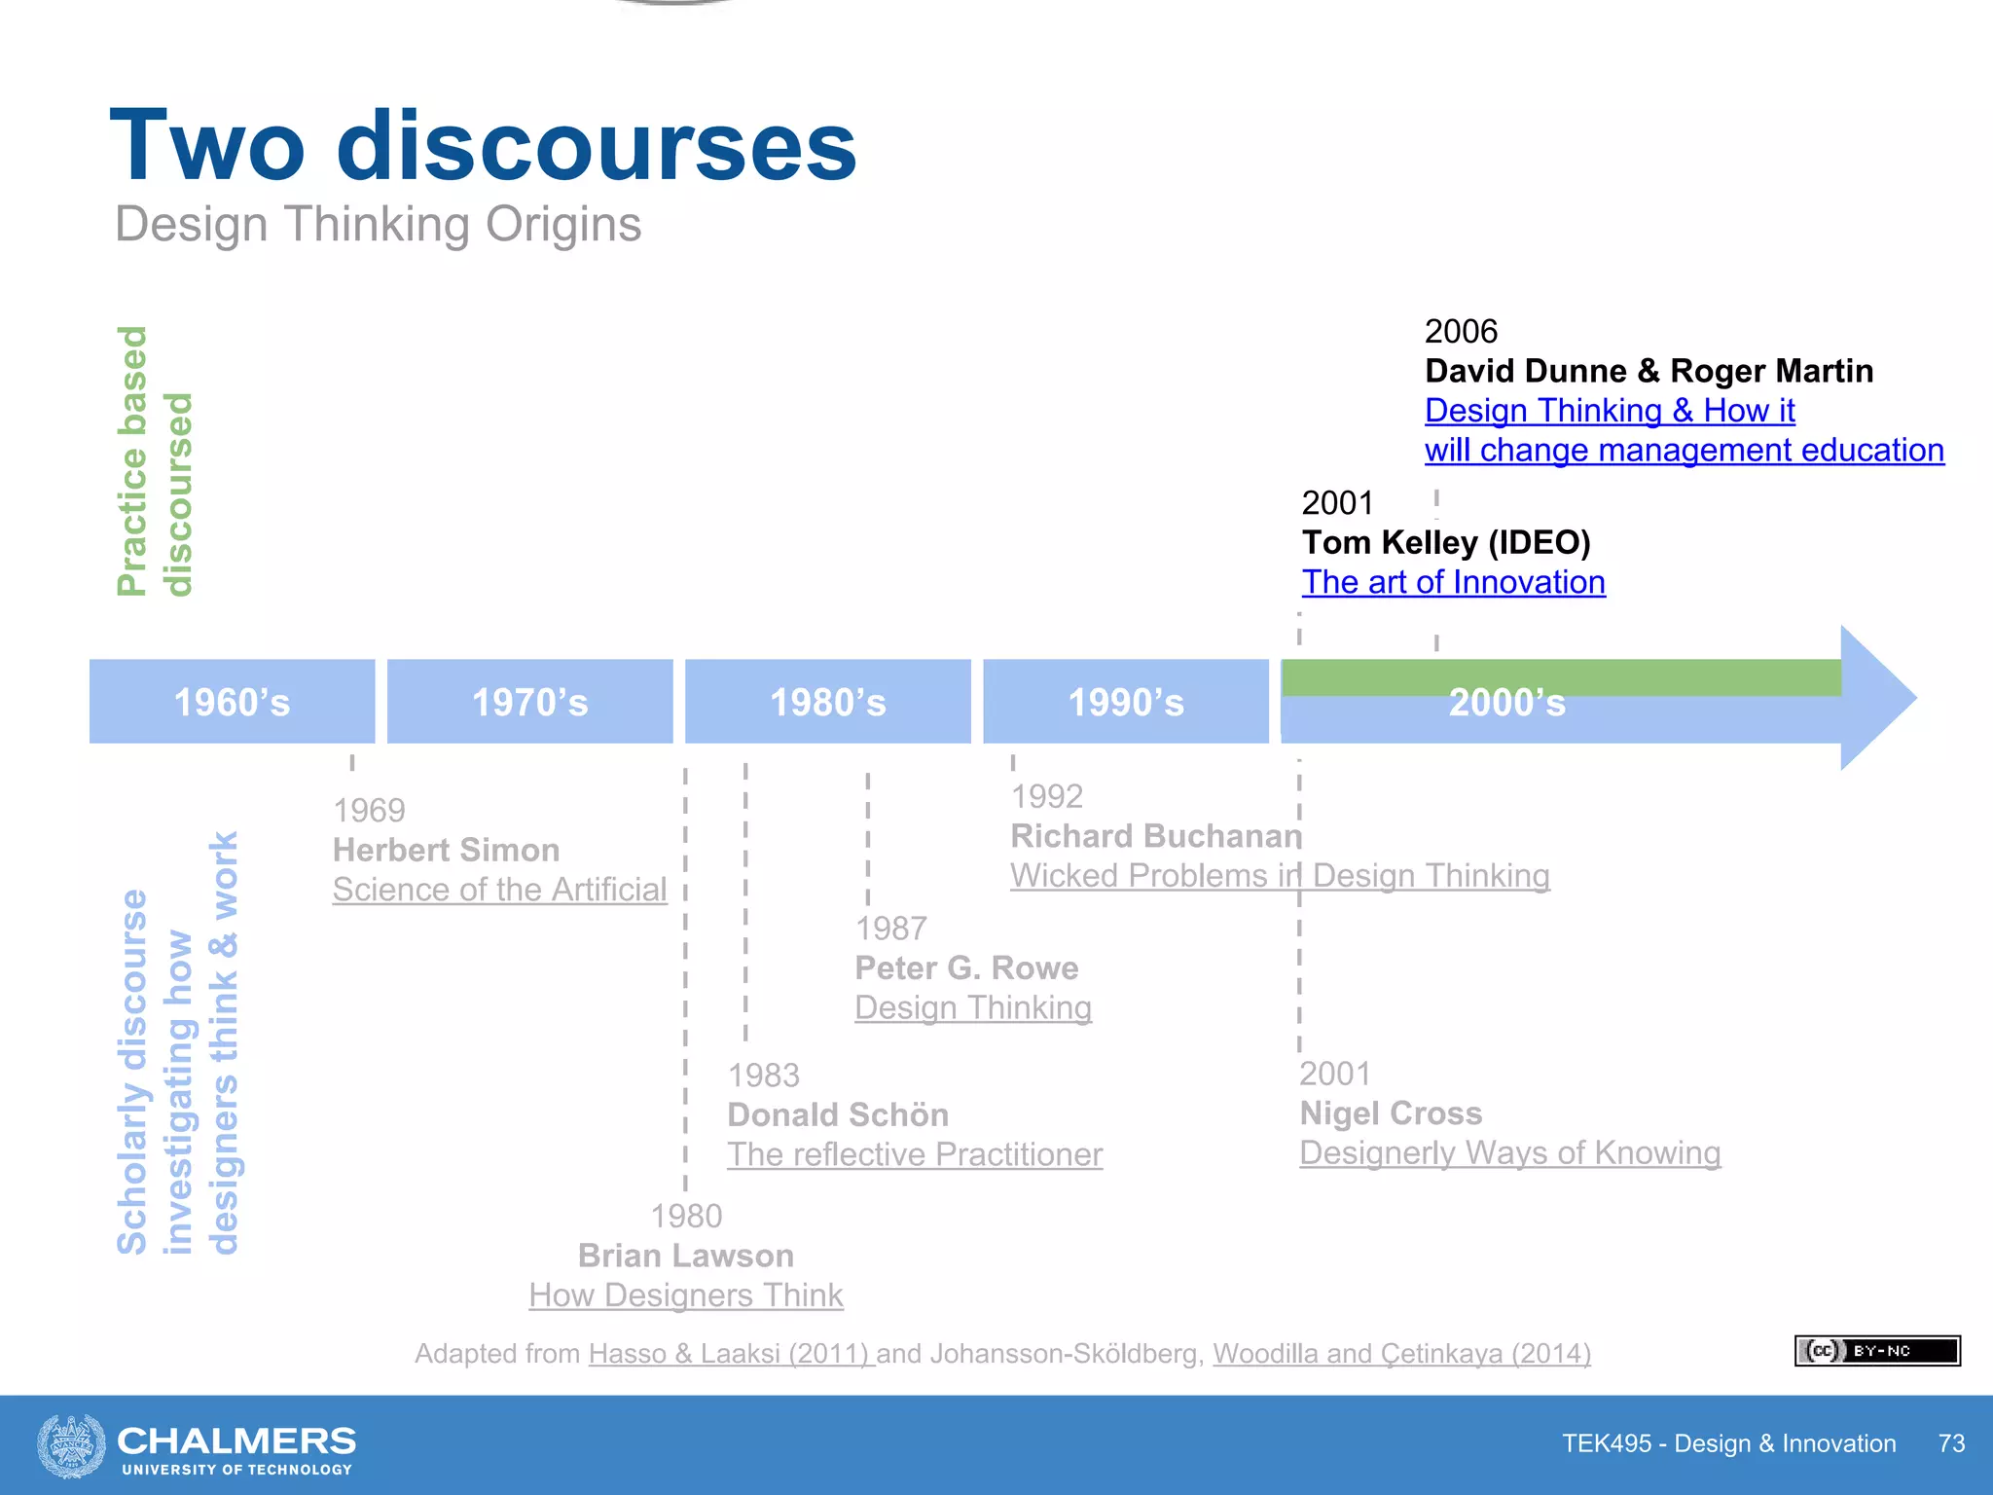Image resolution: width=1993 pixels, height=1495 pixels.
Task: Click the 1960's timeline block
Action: pos(232,702)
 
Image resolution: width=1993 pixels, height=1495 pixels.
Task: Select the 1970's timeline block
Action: pos(529,702)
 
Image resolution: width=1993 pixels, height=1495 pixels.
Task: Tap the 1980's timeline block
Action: pos(827,702)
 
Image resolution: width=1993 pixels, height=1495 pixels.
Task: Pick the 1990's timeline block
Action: pos(1126,702)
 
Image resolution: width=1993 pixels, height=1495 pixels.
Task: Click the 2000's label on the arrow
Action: pos(1506,703)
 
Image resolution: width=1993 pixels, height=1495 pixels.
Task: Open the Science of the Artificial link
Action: pos(499,890)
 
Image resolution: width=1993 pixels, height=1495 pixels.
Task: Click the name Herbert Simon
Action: pos(446,850)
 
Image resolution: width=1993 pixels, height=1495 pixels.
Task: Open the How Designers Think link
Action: pos(686,1295)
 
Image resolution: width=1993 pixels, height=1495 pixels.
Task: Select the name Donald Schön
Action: pos(838,1114)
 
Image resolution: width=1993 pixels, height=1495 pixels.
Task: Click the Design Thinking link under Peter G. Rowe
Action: pos(973,1007)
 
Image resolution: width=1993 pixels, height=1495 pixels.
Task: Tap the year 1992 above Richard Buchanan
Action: pos(1046,796)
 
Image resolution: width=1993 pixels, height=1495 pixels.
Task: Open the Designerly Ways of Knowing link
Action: pos(1510,1152)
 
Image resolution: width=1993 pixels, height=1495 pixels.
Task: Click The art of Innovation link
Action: pos(1454,582)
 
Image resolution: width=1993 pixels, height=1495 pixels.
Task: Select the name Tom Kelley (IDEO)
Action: pos(1446,542)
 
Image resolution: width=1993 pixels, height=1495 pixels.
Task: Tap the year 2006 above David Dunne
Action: pos(1461,331)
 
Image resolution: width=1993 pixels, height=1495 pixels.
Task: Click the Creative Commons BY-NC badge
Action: pos(1877,1351)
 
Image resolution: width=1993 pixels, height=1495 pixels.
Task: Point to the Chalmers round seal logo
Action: pos(71,1445)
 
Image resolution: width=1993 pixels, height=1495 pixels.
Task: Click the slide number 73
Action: pos(1951,1443)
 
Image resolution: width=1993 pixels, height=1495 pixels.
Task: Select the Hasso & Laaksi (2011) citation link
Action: pos(731,1354)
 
